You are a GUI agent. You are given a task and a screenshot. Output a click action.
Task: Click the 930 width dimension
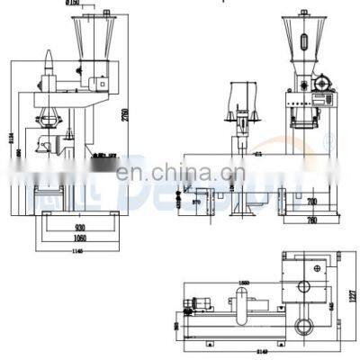[80, 216]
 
